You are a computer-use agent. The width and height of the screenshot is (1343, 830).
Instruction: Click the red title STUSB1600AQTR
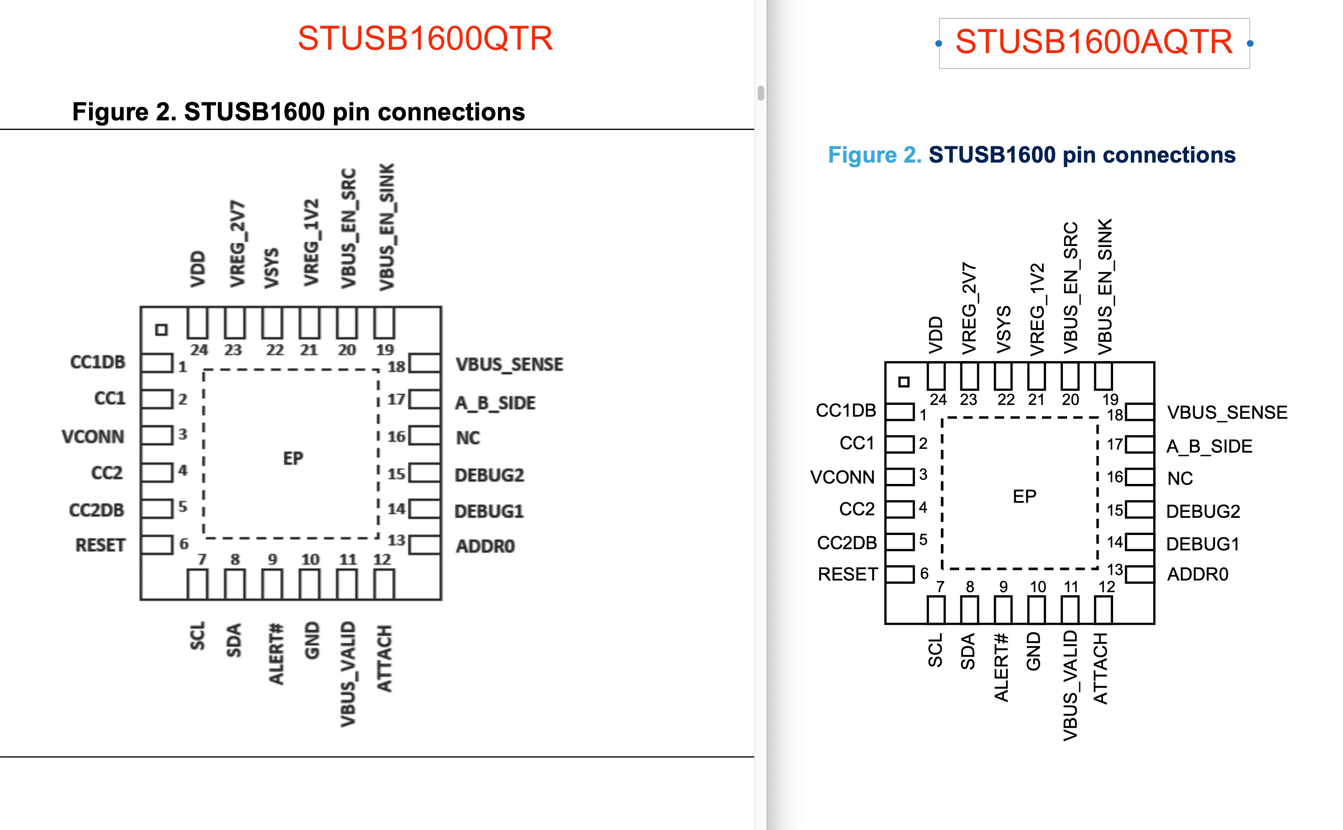(x=1094, y=42)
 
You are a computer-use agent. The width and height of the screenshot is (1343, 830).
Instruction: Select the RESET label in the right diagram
(x=848, y=574)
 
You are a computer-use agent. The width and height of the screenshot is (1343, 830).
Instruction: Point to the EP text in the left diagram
(x=293, y=458)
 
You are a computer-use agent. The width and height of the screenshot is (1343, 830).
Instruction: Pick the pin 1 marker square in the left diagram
(x=161, y=330)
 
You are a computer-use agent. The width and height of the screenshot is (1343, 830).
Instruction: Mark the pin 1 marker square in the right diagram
(x=904, y=382)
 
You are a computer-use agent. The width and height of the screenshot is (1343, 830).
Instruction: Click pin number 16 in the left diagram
(x=396, y=437)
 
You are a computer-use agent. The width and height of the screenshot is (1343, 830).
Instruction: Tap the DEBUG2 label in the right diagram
(x=1203, y=512)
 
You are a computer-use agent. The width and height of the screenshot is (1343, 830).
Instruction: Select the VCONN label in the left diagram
(x=93, y=437)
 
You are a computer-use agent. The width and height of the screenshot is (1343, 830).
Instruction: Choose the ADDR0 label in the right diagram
(x=1197, y=574)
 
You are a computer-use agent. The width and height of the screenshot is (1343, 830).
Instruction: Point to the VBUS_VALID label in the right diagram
(x=1070, y=686)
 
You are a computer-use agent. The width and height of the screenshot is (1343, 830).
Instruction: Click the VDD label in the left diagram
(x=198, y=270)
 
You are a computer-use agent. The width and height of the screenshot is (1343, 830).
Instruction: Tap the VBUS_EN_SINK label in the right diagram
(x=1104, y=287)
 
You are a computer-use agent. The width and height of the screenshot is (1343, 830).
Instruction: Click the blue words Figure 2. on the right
(x=875, y=155)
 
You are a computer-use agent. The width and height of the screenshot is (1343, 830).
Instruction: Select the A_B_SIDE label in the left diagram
(x=495, y=403)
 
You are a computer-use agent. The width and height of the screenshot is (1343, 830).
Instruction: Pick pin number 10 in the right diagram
(x=1038, y=587)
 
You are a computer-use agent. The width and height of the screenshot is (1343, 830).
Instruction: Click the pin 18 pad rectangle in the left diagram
(x=425, y=364)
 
